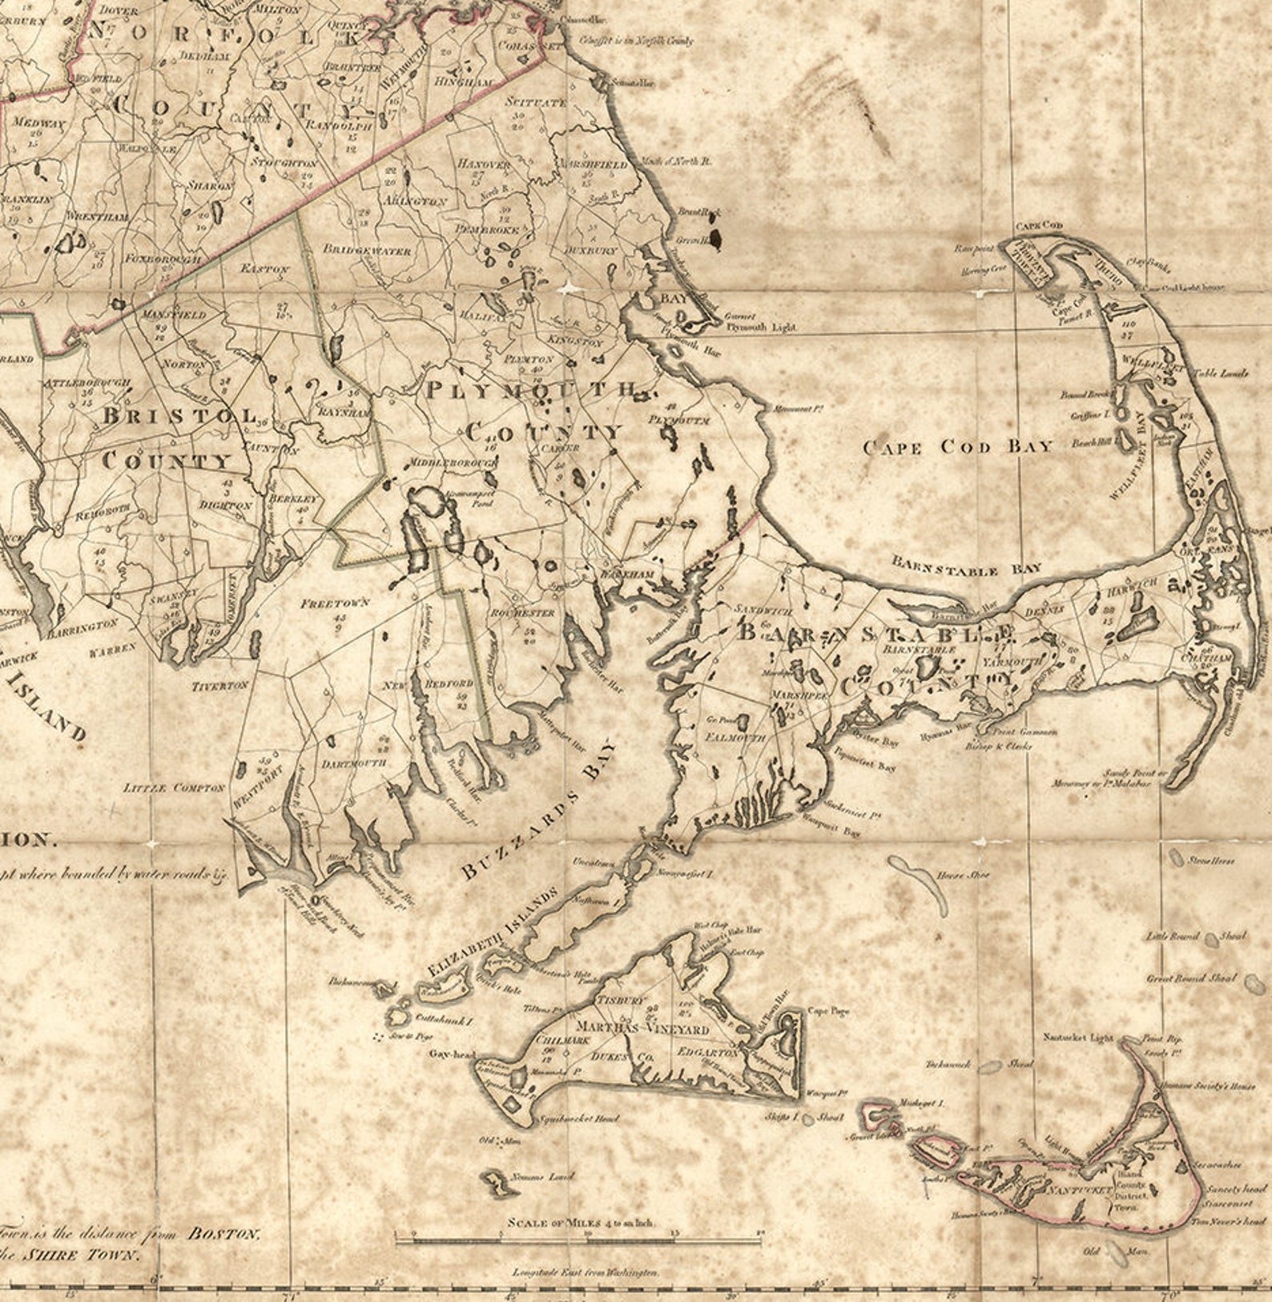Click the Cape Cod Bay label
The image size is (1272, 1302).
point(957,446)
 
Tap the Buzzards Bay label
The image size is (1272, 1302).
point(541,809)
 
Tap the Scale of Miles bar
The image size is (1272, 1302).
point(579,1240)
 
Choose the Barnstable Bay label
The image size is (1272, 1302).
point(967,568)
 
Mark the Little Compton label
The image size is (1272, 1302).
point(175,788)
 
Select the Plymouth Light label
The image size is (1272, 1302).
point(761,327)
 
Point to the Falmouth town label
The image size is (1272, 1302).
point(735,737)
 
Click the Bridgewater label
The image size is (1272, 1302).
point(367,249)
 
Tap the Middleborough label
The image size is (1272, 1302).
point(453,463)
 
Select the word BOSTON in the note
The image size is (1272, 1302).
point(223,1233)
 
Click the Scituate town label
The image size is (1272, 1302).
point(536,102)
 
